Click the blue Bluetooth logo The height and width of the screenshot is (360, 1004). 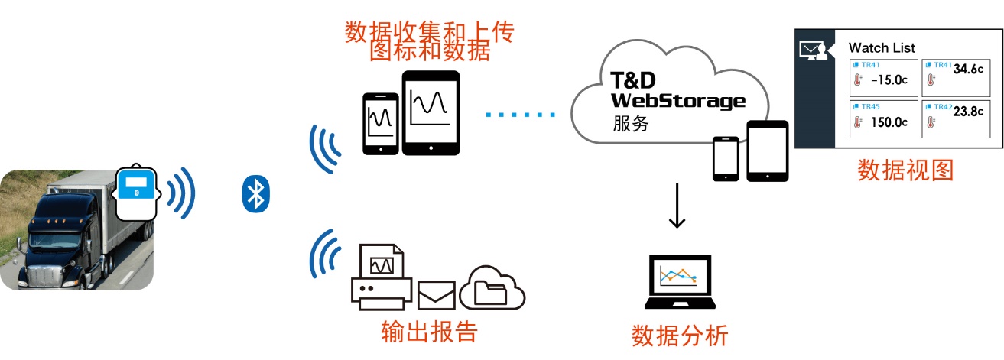click(x=255, y=194)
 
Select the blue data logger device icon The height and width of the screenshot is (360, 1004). click(x=137, y=191)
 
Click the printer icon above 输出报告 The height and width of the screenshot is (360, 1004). click(x=381, y=276)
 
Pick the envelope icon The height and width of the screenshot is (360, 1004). click(x=437, y=294)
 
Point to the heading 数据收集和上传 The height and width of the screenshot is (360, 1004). click(x=429, y=31)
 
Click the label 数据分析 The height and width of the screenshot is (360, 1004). click(x=679, y=336)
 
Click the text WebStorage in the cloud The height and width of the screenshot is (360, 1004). click(x=677, y=99)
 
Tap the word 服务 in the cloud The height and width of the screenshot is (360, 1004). click(x=631, y=123)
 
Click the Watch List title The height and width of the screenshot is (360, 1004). click(x=882, y=47)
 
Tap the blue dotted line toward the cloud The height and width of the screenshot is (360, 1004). click(x=521, y=115)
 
